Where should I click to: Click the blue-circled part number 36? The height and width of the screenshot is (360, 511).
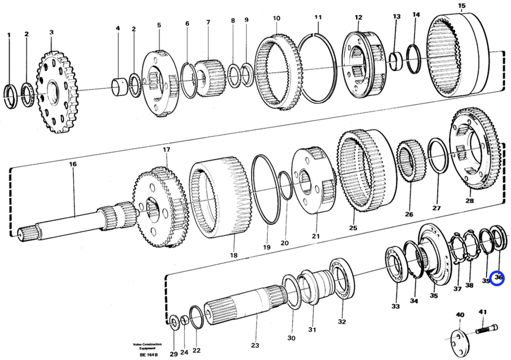pos(499,278)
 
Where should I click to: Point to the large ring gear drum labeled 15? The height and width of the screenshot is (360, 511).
pos(463,57)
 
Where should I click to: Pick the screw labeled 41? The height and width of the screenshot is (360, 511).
pos(484,328)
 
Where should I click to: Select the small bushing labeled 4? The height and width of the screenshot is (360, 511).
pos(119,86)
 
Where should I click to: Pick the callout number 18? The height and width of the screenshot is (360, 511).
pos(233,256)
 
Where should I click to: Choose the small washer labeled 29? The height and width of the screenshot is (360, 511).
pos(173,323)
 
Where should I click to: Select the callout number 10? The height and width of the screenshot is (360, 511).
pos(276,18)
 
